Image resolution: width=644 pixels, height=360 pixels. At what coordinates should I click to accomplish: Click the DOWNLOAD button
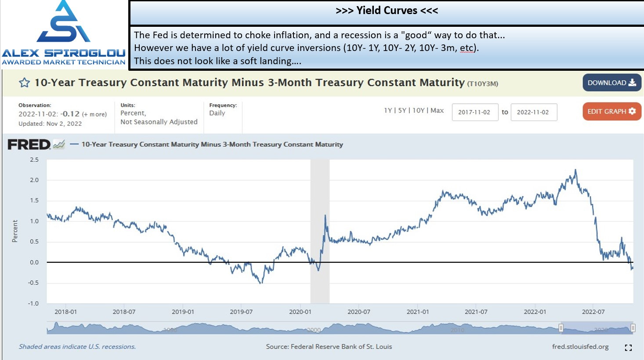point(612,83)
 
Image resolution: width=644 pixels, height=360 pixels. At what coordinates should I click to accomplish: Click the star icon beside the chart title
point(24,83)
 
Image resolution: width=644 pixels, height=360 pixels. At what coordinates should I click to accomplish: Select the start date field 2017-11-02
point(475,112)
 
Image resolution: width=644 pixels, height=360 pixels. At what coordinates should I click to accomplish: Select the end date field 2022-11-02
point(534,112)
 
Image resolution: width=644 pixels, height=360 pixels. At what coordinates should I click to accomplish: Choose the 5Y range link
point(402,110)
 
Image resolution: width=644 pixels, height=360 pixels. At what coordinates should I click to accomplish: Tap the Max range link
point(437,110)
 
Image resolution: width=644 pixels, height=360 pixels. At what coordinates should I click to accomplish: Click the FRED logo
point(29,145)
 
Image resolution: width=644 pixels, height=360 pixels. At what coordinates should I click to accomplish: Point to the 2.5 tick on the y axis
point(34,160)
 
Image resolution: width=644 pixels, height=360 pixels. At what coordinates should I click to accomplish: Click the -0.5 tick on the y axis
point(33,283)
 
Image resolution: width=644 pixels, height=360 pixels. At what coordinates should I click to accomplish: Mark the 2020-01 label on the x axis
point(300,312)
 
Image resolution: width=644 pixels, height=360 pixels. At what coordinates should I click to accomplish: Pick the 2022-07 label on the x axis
point(593,312)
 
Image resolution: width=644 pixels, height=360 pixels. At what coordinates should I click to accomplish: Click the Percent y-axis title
point(15,231)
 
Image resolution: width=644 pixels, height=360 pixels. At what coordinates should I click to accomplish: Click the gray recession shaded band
point(320,231)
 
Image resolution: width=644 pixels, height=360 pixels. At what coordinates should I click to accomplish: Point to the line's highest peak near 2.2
point(575,170)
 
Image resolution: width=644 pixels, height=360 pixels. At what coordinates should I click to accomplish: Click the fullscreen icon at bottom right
point(629,348)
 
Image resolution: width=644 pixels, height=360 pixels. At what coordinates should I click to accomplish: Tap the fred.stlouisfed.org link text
point(580,347)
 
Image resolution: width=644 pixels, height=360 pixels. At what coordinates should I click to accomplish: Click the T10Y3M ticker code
point(482,84)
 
